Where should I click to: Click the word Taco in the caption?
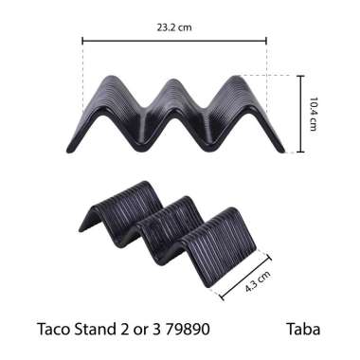click(x=53, y=331)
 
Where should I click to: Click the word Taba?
click(x=303, y=331)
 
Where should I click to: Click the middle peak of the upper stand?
click(x=174, y=82)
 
